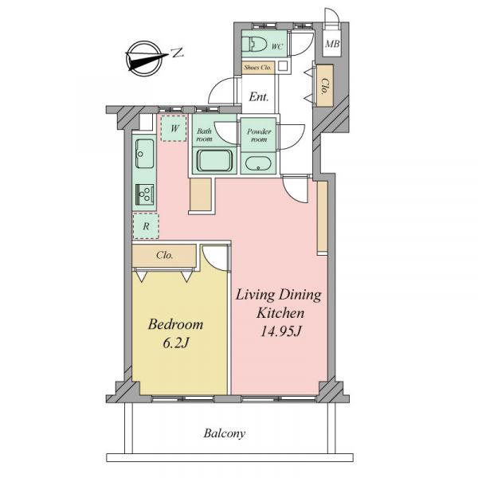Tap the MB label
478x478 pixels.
pos(332,44)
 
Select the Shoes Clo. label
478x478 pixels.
pos(257,68)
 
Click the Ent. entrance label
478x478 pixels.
pos(259,97)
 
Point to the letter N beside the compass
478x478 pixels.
pos(177,53)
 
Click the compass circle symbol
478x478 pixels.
pos(143,58)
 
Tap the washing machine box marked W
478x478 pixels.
pos(174,128)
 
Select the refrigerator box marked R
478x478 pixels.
pos(146,226)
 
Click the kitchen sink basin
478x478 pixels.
pos(144,153)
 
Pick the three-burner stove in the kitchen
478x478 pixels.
pos(145,194)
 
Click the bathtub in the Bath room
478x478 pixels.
pos(214,160)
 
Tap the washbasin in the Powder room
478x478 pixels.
pos(258,164)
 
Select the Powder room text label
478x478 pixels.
pos(259,135)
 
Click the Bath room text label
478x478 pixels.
pos(204,135)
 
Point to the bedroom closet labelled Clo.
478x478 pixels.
pos(164,256)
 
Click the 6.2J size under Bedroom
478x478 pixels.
pos(176,343)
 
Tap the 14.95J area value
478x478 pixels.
pos(280,331)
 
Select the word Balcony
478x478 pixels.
pos(225,433)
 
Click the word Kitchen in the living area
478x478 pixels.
pos(280,313)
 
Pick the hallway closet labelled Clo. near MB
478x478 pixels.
pos(325,86)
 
